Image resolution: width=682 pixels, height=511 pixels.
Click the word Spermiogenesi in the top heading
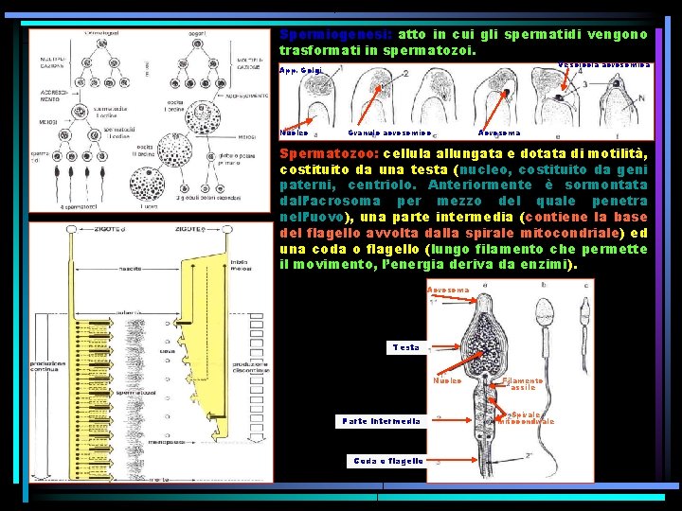coord(318,34)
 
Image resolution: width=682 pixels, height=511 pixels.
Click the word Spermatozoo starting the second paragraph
coord(324,153)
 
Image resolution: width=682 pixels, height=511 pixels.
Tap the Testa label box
coord(405,347)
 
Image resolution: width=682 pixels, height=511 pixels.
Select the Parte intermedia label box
coord(382,421)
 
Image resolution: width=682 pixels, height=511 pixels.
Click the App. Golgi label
coord(300,72)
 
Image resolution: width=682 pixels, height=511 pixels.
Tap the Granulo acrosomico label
coord(389,133)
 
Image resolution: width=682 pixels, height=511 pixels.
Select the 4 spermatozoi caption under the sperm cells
coord(82,206)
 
